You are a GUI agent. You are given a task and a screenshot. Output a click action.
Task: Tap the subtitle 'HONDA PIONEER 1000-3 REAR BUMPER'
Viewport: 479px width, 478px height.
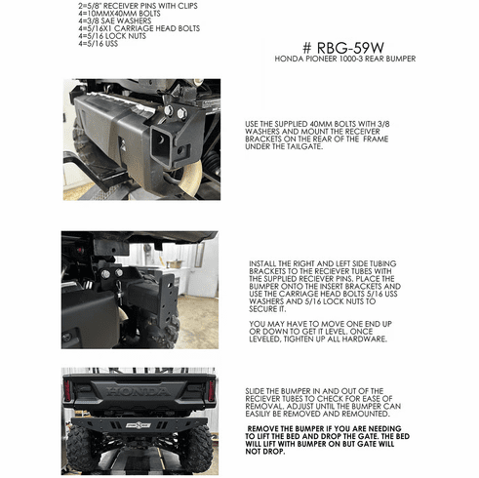click(345, 59)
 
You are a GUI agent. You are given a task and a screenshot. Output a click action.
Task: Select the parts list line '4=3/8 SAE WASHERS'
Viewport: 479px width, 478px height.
click(115, 20)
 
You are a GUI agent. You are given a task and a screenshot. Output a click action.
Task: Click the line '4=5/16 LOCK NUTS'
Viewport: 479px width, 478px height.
click(112, 36)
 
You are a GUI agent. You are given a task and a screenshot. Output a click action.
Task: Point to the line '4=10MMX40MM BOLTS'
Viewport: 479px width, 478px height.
click(119, 14)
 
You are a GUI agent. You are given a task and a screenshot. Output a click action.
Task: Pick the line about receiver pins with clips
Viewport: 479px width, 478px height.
click(138, 6)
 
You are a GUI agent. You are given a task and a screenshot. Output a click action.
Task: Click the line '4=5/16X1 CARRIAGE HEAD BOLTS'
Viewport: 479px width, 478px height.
click(140, 28)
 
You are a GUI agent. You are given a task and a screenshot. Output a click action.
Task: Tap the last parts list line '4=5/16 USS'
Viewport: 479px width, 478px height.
click(99, 43)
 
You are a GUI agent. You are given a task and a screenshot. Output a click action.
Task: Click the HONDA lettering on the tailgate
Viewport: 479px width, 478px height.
click(139, 391)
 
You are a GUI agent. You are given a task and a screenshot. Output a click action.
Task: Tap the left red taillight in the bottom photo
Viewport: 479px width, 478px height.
click(67, 390)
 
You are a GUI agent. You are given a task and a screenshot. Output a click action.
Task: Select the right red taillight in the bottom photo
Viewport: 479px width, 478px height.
click(211, 390)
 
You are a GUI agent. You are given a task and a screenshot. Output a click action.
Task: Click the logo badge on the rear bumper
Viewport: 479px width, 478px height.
click(139, 425)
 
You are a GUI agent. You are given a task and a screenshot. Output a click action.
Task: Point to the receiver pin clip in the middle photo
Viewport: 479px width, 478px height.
click(120, 292)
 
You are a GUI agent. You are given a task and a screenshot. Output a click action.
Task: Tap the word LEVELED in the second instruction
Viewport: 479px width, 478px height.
click(264, 339)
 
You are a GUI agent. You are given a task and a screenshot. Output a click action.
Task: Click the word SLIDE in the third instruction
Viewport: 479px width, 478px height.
click(255, 391)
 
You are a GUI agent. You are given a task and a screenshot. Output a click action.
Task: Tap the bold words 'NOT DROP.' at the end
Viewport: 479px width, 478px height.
click(265, 452)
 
